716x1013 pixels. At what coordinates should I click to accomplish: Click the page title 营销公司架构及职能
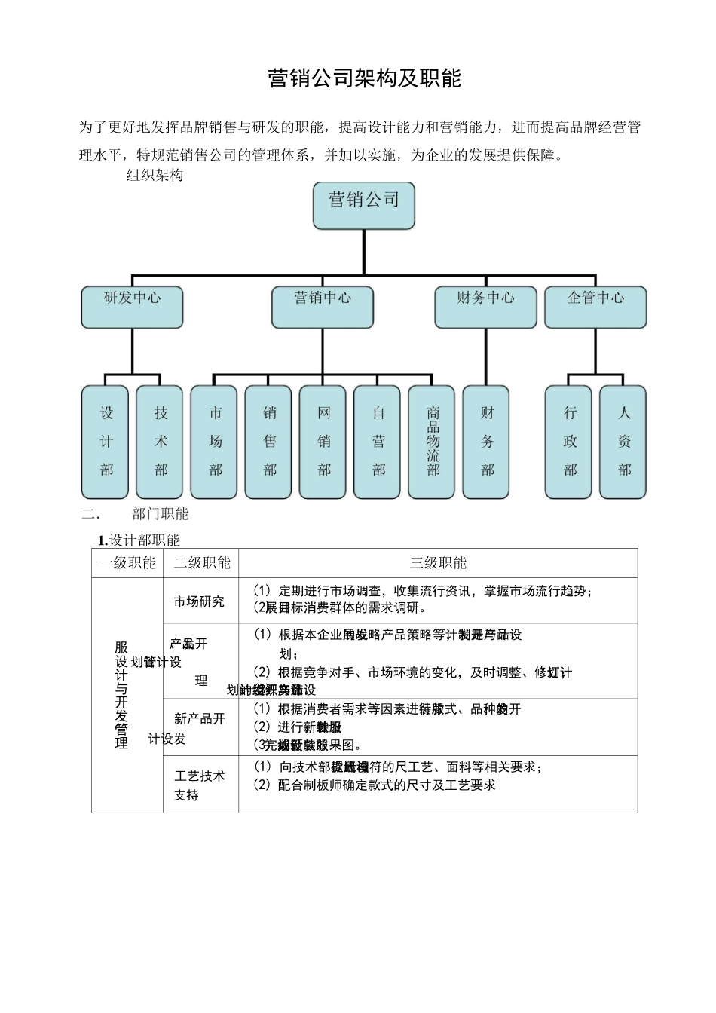[x=364, y=78]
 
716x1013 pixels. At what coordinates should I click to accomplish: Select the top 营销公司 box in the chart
[x=364, y=205]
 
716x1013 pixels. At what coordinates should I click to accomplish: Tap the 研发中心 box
[x=132, y=307]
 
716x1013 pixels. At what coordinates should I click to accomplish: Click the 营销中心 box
[x=323, y=307]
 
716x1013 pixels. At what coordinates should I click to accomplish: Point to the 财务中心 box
[x=485, y=307]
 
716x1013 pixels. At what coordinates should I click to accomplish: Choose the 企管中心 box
[x=595, y=307]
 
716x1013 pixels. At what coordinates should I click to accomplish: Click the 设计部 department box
[x=106, y=442]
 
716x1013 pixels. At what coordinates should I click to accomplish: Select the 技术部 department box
[x=160, y=442]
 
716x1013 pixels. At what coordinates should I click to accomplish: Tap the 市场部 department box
[x=215, y=442]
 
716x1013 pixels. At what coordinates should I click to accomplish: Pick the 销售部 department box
[x=269, y=442]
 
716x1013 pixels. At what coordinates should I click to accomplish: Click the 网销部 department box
[x=323, y=442]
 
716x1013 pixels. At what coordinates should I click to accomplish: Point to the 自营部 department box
[x=378, y=442]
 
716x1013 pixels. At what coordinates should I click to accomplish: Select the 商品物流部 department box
[x=432, y=442]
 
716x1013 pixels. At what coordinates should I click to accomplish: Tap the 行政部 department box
[x=569, y=442]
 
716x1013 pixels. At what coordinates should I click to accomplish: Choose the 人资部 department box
[x=623, y=442]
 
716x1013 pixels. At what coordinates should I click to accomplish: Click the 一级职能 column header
[x=127, y=563]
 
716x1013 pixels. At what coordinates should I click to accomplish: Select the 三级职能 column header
[x=438, y=563]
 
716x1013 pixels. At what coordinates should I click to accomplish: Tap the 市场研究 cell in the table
[x=200, y=601]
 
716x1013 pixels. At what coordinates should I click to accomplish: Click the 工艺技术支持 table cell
[x=200, y=785]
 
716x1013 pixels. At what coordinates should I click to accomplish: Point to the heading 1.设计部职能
[x=139, y=540]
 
